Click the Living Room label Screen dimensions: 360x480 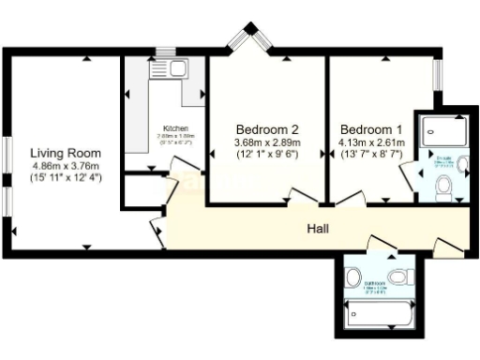[x=65, y=153]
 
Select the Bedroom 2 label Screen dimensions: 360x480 [x=266, y=129]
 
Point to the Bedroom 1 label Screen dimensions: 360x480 [x=371, y=129]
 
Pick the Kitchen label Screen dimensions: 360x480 [x=176, y=127]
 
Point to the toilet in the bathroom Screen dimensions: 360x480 [x=402, y=277]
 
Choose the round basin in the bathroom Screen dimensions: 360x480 [x=352, y=277]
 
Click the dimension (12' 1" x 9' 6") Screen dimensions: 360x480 [x=266, y=154]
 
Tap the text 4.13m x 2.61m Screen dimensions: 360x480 [x=371, y=142]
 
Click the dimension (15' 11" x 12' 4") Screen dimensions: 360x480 [x=65, y=176]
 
